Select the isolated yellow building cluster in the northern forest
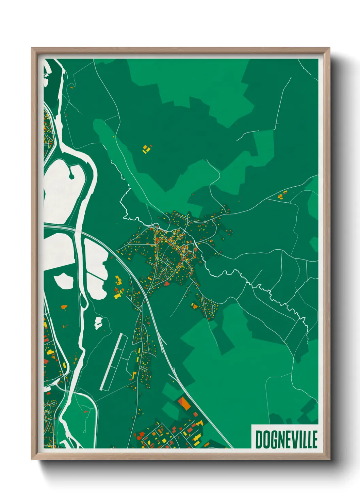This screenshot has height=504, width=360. click(x=147, y=149)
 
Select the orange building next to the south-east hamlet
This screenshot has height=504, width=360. click(x=194, y=306)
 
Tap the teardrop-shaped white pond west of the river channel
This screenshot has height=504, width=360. click(x=64, y=281)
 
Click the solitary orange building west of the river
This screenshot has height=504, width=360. click(x=64, y=307)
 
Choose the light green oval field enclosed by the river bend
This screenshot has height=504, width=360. click(x=80, y=419)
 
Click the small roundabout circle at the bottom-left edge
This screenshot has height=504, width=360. click(x=53, y=404)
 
